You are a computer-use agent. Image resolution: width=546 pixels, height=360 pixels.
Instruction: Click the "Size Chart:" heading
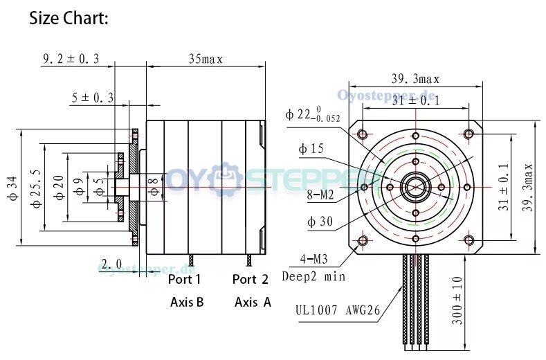[69, 18]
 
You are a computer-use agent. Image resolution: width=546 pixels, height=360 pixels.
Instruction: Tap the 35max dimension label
[206, 59]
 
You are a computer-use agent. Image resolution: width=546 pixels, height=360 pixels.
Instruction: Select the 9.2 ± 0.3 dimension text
[71, 59]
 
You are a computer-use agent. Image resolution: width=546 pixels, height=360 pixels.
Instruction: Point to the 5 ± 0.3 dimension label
[93, 98]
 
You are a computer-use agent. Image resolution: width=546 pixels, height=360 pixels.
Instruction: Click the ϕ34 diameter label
[12, 188]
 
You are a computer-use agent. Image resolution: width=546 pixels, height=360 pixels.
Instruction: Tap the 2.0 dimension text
[112, 263]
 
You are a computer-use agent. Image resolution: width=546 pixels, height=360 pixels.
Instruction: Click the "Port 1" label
[184, 279]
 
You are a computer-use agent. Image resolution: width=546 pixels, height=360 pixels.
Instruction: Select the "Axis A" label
[253, 302]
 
